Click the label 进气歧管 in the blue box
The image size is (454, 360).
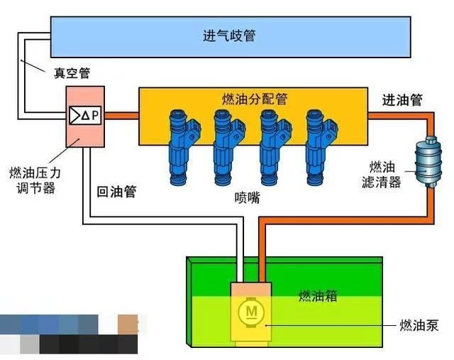pyautogui.click(x=228, y=36)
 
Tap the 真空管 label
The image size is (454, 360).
pyautogui.click(x=72, y=73)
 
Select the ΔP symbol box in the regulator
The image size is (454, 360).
pyautogui.click(x=85, y=116)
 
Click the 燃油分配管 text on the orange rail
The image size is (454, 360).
pyautogui.click(x=255, y=99)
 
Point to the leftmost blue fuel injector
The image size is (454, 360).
pyautogui.click(x=183, y=147)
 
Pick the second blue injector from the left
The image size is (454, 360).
pyautogui.click(x=228, y=147)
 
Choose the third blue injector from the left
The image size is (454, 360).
pyautogui.click(x=275, y=147)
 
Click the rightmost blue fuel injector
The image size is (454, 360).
pyautogui.click(x=321, y=147)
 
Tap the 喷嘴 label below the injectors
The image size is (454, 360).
pyautogui.click(x=248, y=197)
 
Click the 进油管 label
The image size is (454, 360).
pyautogui.click(x=402, y=99)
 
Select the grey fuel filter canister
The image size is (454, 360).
pyautogui.click(x=428, y=161)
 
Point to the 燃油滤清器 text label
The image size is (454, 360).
pyautogui.click(x=382, y=175)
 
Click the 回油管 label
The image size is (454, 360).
pyautogui.click(x=116, y=191)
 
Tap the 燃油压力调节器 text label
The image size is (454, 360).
pyautogui.click(x=35, y=180)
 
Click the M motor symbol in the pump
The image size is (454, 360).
pyautogui.click(x=251, y=312)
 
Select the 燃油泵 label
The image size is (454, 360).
pyautogui.click(x=419, y=325)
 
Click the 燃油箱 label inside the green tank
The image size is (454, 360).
pyautogui.click(x=318, y=295)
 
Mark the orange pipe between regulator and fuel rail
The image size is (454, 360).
pyautogui.click(x=121, y=116)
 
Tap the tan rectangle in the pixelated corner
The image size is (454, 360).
pyautogui.click(x=128, y=324)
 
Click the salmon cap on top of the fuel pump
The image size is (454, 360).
pyautogui.click(x=251, y=289)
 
